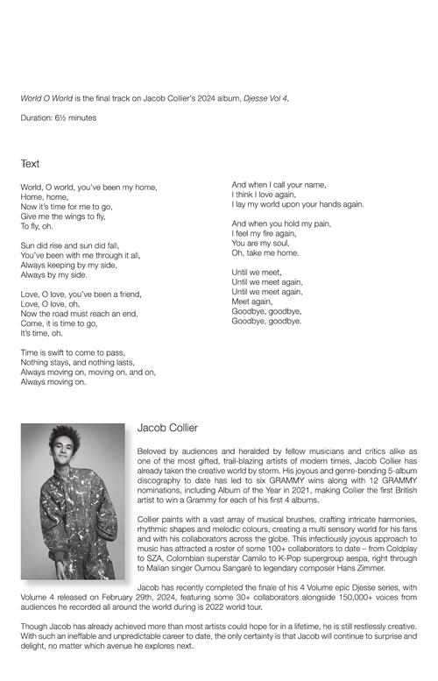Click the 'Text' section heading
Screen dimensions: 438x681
click(x=31, y=164)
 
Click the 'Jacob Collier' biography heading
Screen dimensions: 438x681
click(x=167, y=428)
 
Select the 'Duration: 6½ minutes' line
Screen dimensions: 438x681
click(x=59, y=117)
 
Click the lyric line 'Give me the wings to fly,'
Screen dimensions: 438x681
click(x=63, y=216)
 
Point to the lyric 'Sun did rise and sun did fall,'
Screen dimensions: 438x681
click(x=69, y=245)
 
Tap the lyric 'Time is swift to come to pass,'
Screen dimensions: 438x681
click(x=73, y=352)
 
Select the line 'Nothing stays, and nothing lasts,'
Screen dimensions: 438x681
click(x=77, y=362)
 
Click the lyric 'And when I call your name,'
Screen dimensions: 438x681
click(x=279, y=185)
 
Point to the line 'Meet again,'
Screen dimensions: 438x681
click(x=252, y=301)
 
